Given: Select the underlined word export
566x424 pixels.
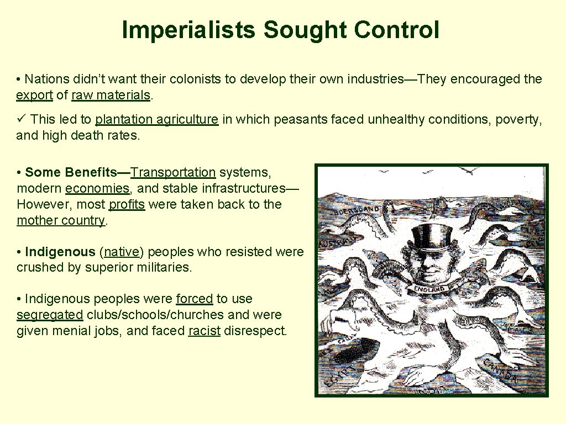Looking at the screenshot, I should [34, 95].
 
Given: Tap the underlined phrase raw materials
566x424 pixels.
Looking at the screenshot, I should [111, 95].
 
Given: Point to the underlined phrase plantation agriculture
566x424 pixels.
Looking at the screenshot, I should [157, 119].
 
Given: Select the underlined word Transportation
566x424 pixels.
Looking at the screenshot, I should [173, 172].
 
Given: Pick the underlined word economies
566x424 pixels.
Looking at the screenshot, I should [97, 188].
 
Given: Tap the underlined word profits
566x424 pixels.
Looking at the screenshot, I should [127, 204].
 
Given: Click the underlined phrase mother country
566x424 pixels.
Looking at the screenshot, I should [61, 220].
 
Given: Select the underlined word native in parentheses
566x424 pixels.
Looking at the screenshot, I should [122, 252].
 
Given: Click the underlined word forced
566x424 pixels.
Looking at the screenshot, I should [194, 299].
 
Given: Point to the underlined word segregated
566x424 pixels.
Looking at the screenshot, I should [50, 315].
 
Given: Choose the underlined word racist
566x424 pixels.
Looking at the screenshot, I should [204, 331].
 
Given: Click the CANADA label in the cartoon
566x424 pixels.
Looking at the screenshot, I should [500, 370].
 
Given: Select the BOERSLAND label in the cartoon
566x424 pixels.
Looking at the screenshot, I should [357, 210].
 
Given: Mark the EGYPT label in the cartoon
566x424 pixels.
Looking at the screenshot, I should [337, 375].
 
